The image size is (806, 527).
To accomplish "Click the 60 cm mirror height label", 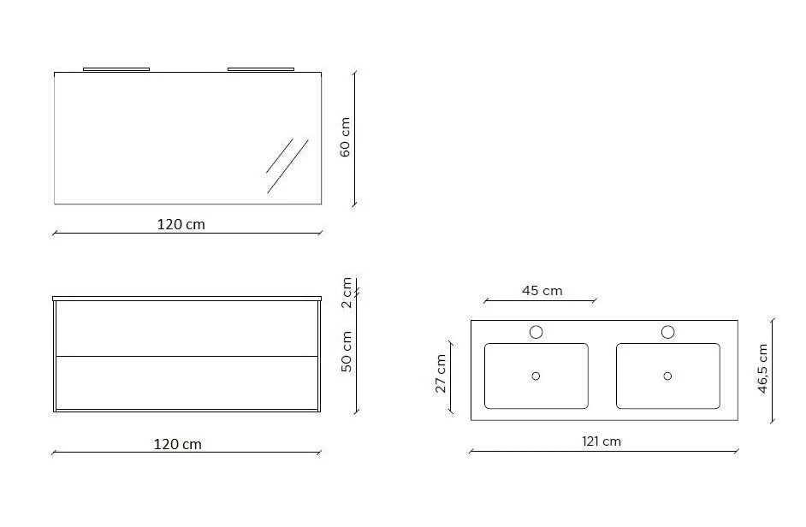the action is pos(346,137).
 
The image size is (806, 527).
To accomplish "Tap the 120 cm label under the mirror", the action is pos(181,225).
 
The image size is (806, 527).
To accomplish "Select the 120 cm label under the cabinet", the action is pos(178,444).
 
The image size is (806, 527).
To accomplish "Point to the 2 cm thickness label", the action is pos(347,293).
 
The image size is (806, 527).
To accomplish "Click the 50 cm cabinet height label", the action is pos(347,352).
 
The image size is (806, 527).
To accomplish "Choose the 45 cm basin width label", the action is pos(542,291).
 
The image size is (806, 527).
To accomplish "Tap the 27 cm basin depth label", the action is pos(441,374).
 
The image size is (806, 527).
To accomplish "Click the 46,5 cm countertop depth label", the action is pos(762,369).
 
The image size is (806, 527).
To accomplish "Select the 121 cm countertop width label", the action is pos(602,441).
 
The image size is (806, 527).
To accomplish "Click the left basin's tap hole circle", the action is pos(536,332).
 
